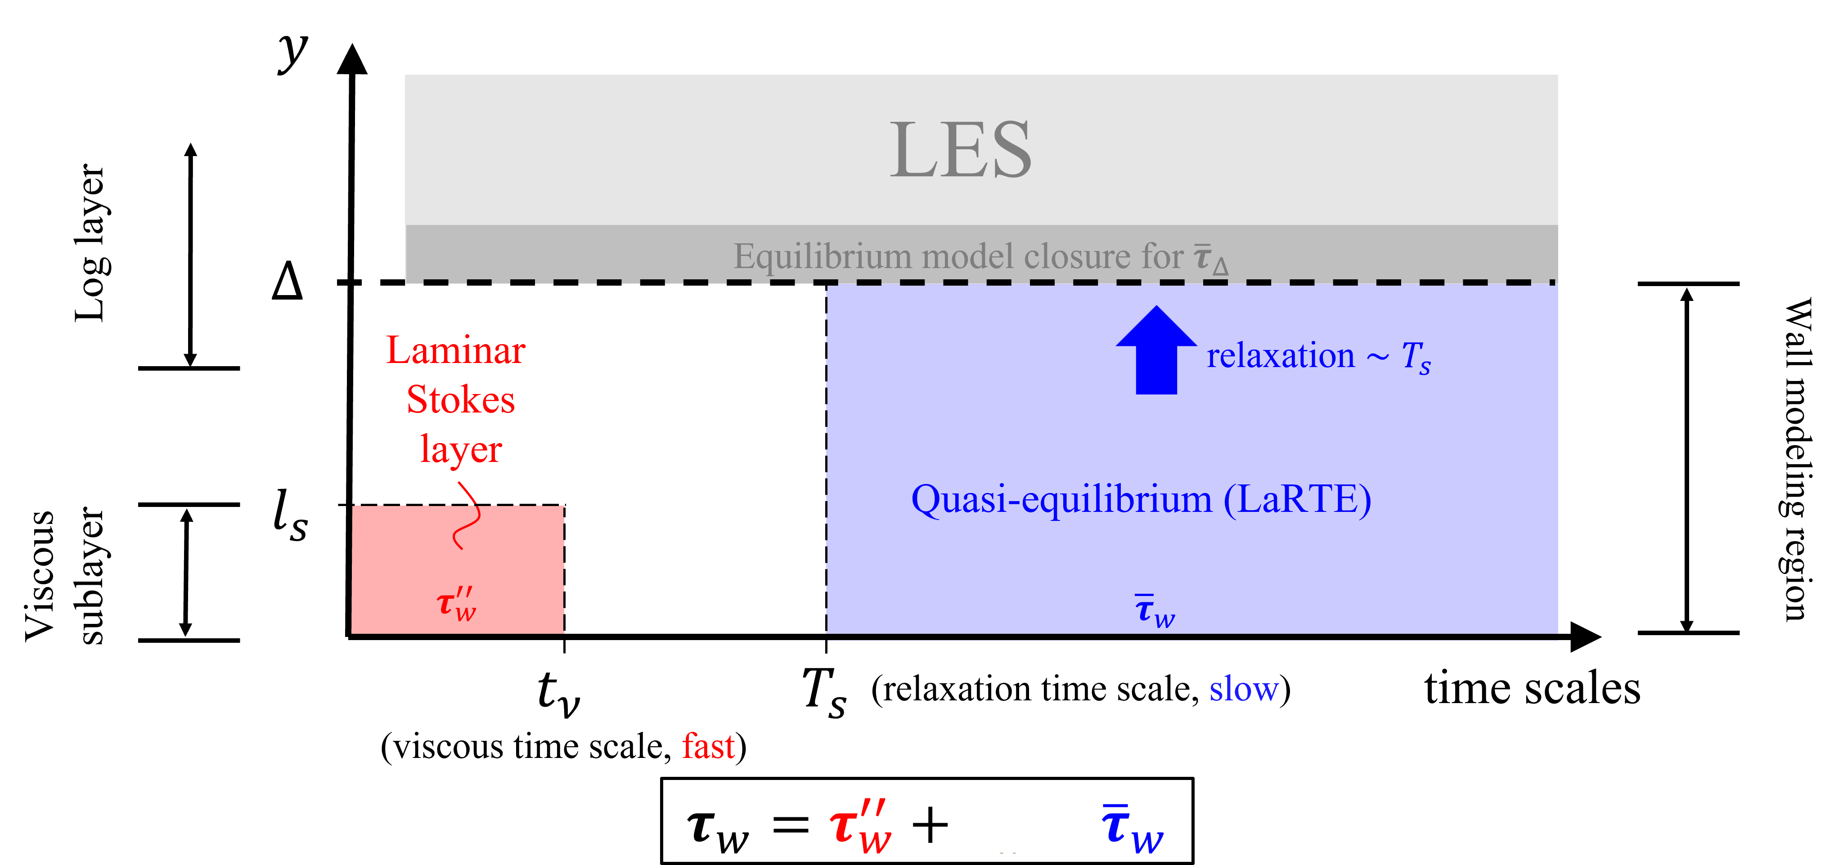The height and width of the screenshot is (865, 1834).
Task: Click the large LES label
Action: coord(961,150)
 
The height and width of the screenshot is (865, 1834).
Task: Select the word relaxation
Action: coord(1280,355)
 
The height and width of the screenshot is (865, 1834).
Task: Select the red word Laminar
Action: coord(456,350)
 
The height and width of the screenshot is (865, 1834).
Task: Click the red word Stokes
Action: coord(461,399)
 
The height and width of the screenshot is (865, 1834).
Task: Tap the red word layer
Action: coord(461,450)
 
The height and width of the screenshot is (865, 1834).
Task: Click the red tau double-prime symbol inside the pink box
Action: coord(456,605)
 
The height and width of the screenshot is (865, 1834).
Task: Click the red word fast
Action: coord(708,746)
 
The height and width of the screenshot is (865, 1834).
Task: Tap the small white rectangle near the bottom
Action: coord(1020,820)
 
